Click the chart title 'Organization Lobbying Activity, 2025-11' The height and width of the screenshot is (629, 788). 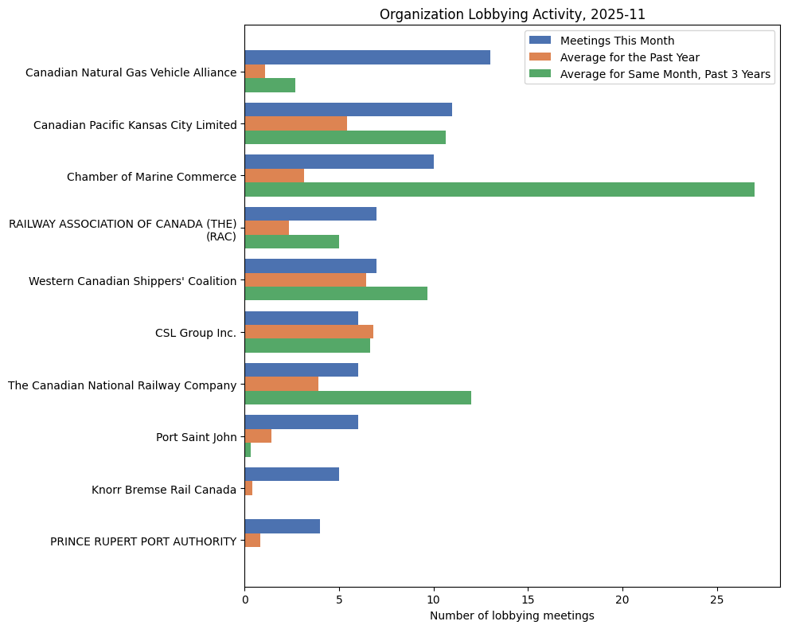[x=512, y=14]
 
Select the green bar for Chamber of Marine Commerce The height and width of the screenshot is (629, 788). [x=499, y=189]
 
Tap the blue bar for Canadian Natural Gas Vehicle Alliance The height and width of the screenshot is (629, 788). [x=367, y=57]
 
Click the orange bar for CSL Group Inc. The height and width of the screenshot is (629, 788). [x=309, y=332]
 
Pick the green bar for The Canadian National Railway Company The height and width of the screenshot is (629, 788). [x=357, y=398]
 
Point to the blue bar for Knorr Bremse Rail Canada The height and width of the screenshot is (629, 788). [x=291, y=475]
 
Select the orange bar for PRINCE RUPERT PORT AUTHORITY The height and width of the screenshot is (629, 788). [x=252, y=541]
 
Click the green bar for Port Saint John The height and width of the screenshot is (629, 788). [x=248, y=450]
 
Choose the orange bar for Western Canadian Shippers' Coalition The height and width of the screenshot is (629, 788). [x=305, y=280]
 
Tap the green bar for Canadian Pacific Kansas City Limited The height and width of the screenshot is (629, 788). [x=345, y=138]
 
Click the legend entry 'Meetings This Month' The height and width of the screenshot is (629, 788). [x=617, y=41]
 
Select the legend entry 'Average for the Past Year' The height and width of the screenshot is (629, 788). [x=630, y=57]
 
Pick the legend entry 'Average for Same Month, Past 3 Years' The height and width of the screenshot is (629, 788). [x=666, y=74]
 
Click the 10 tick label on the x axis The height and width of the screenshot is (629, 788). [x=434, y=598]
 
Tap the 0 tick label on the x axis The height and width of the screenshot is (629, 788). [x=244, y=598]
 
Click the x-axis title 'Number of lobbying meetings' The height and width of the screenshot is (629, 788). [x=512, y=615]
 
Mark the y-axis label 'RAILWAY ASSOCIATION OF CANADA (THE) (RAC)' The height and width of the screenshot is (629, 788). [x=123, y=229]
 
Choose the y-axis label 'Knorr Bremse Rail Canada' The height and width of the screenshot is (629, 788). [x=164, y=489]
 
